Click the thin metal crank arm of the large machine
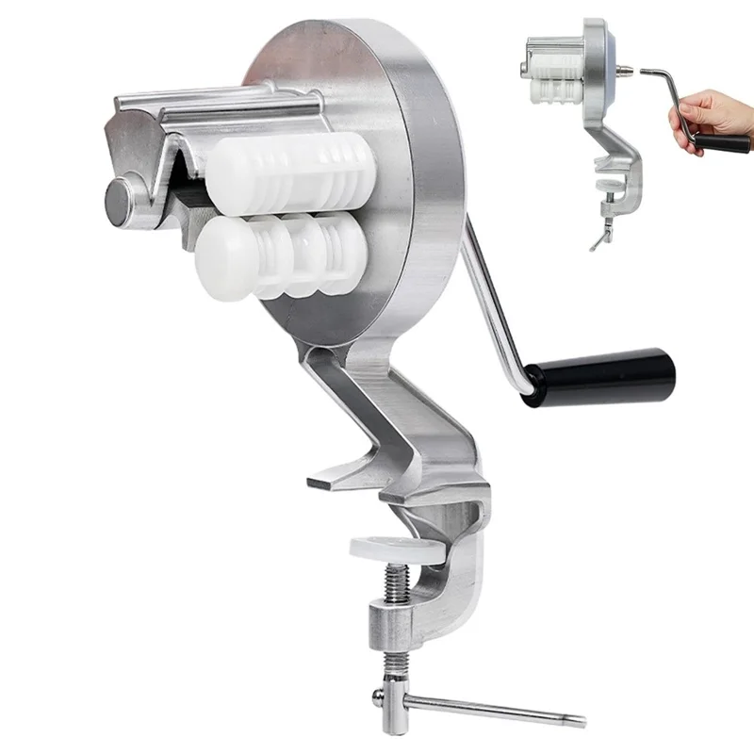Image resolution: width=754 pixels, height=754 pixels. pyautogui.click(x=495, y=302)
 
